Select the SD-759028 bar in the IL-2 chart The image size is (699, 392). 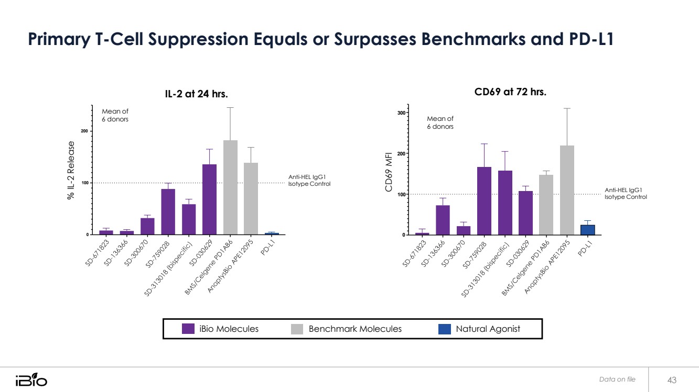pyautogui.click(x=168, y=211)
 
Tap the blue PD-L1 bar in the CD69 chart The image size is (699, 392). pyautogui.click(x=587, y=230)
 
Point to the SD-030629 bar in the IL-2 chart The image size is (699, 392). pyautogui.click(x=209, y=199)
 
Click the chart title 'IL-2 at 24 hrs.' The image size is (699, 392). pyautogui.click(x=197, y=94)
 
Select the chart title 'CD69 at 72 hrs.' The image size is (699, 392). pyautogui.click(x=510, y=92)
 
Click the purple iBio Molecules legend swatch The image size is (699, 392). pyautogui.click(x=188, y=329)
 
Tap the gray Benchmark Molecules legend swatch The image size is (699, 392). pyautogui.click(x=297, y=329)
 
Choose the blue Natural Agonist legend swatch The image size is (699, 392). pyautogui.click(x=444, y=329)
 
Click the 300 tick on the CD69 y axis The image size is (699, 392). pyautogui.click(x=401, y=113)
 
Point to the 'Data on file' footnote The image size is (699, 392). pyautogui.click(x=617, y=379)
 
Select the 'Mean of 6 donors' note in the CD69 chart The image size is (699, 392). pyautogui.click(x=440, y=122)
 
